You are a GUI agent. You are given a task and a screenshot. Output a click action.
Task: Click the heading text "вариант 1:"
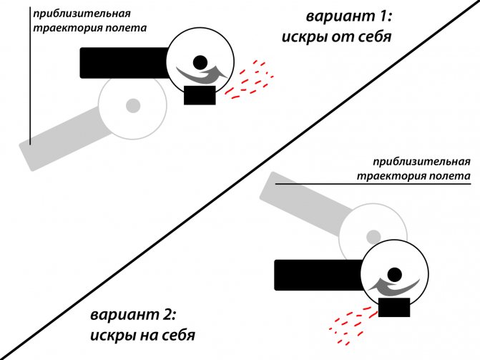(x=349, y=16)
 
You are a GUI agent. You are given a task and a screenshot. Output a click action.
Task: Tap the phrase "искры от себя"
(x=337, y=37)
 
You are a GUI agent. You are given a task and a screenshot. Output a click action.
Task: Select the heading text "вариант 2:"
(x=133, y=315)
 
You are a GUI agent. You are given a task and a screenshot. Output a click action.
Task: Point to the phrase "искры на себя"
(x=142, y=336)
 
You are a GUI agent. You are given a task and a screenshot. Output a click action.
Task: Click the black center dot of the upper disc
(x=200, y=62)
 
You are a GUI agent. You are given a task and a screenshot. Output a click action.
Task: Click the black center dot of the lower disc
(x=394, y=275)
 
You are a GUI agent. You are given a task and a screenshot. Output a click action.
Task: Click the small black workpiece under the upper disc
(x=200, y=95)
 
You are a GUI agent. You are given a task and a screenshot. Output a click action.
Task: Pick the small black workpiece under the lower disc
(x=394, y=307)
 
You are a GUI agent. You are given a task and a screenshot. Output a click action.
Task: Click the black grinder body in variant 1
(x=124, y=63)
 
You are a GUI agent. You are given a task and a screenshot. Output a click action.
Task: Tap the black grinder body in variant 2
(x=318, y=275)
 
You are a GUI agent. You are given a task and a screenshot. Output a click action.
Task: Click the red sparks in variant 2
(x=352, y=325)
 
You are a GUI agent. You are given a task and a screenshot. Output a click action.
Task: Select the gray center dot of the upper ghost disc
(x=133, y=106)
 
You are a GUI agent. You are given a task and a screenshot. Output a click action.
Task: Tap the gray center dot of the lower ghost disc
(x=373, y=237)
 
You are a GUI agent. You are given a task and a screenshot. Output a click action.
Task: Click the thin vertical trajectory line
(x=30, y=76)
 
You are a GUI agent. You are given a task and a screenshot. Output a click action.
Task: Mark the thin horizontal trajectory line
(x=373, y=184)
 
